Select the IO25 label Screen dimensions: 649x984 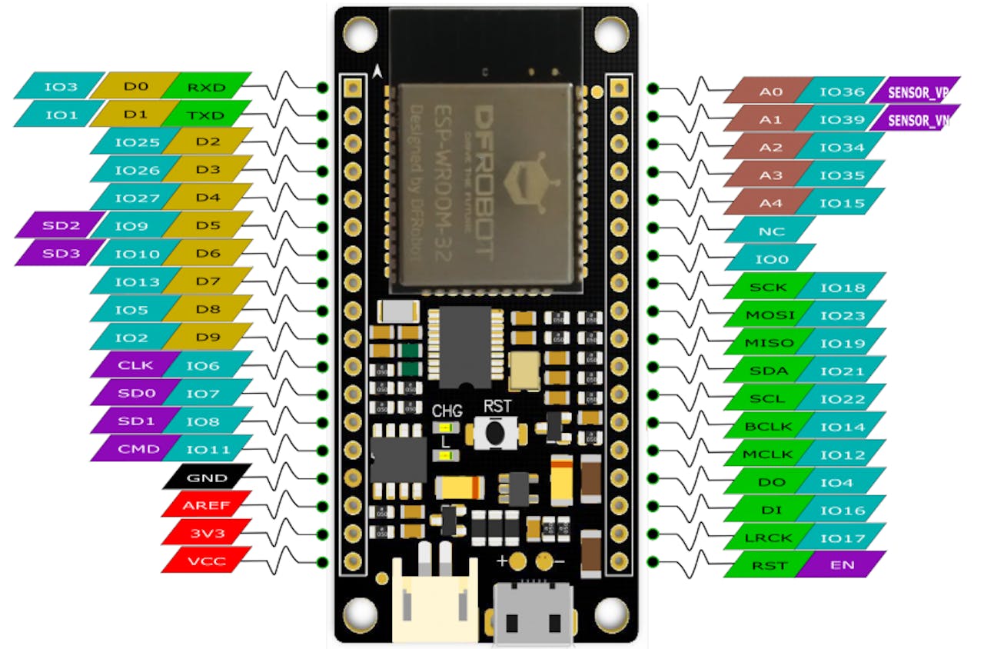[x=127, y=142]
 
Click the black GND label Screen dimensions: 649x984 [x=207, y=478]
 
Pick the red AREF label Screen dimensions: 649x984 [x=207, y=505]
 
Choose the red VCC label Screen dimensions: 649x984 [x=207, y=561]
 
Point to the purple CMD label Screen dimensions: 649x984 [x=128, y=449]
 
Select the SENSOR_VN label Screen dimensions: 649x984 [x=919, y=119]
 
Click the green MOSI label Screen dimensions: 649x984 [x=770, y=315]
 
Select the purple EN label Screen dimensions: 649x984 [x=840, y=565]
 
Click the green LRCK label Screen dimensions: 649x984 [x=770, y=538]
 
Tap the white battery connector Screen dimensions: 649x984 [x=434, y=600]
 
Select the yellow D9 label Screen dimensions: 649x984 [x=208, y=336]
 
